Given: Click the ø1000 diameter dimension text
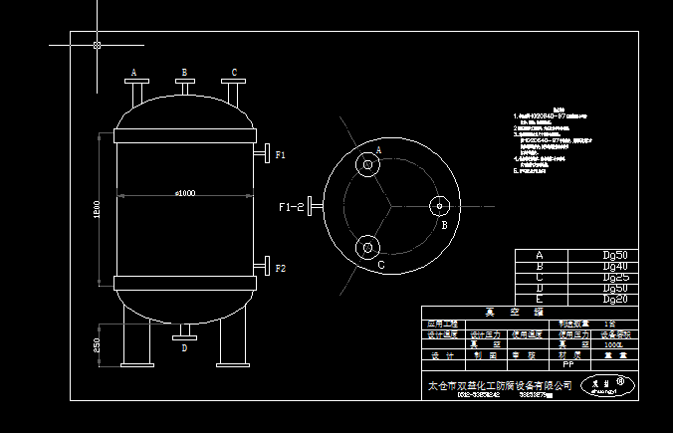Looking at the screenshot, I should [x=184, y=193].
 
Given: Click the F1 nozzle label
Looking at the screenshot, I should [x=281, y=155].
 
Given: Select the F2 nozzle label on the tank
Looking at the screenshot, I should [x=281, y=269].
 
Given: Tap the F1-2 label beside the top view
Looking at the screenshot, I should [x=291, y=207].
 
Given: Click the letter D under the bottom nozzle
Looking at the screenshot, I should [x=184, y=349].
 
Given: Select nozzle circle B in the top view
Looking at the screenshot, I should [x=438, y=207].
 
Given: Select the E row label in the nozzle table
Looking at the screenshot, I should [x=540, y=299].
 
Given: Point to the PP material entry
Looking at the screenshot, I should [x=568, y=365].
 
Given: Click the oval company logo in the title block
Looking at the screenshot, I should [x=607, y=384].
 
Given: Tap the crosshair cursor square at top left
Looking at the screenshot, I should [x=97, y=45].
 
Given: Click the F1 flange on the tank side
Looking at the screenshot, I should [x=265, y=155].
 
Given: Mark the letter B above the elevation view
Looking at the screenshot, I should [x=184, y=73].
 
